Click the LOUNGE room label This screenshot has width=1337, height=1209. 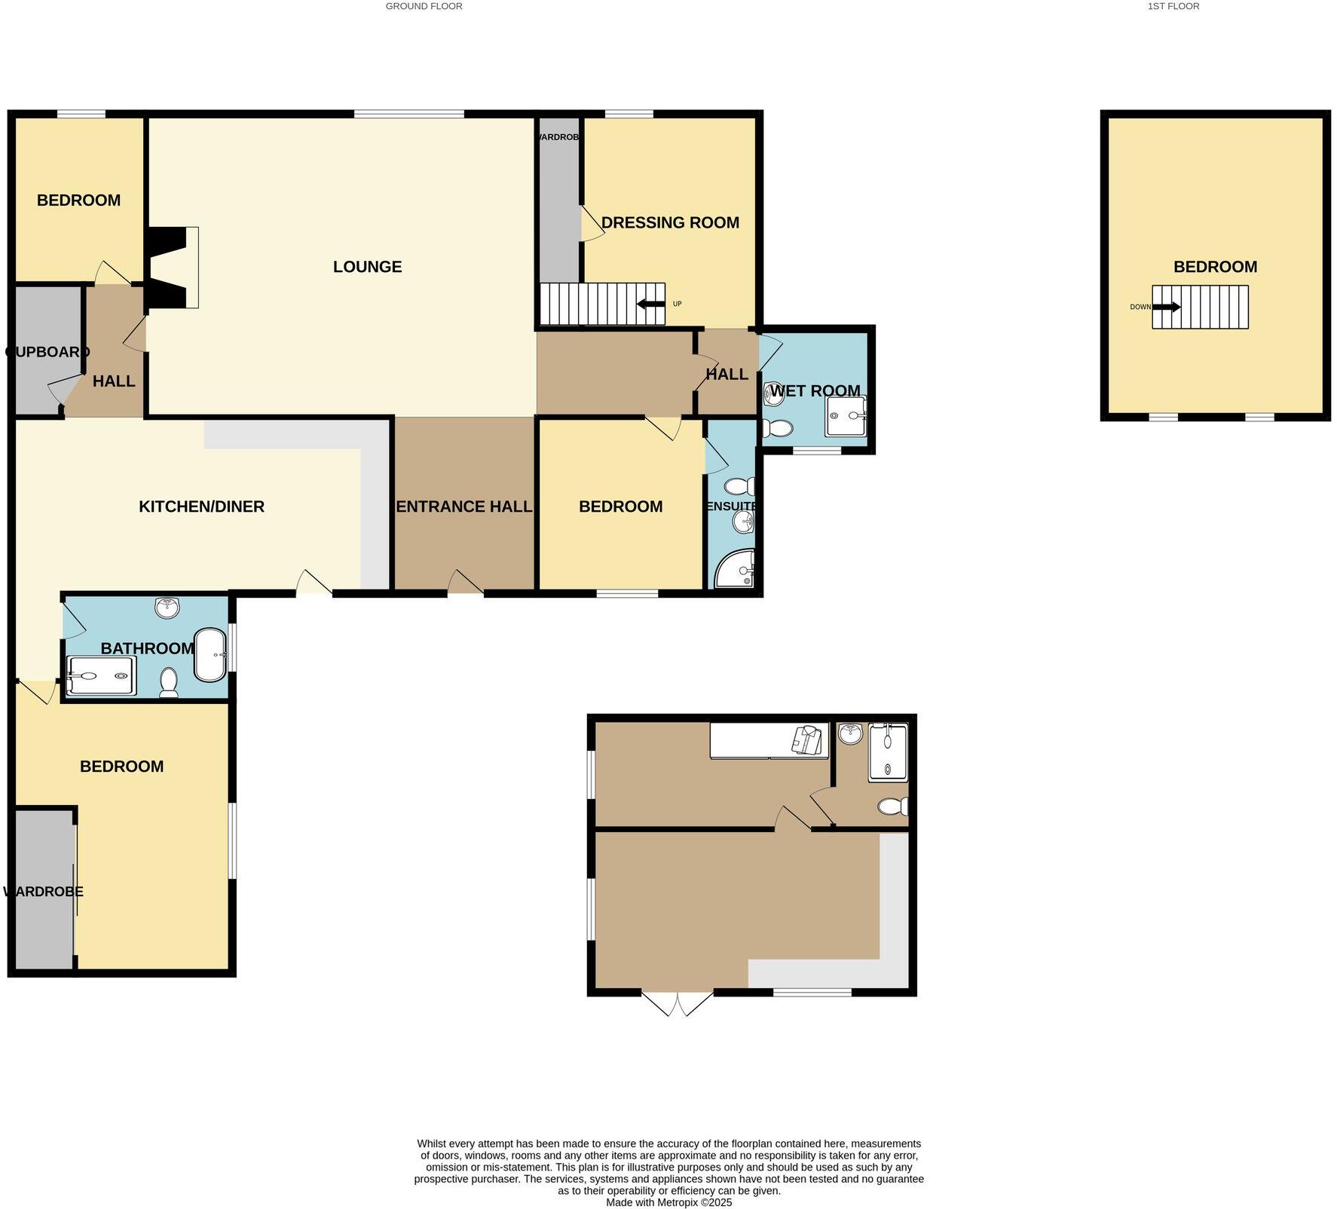(367, 267)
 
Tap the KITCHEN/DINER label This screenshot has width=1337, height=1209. (201, 507)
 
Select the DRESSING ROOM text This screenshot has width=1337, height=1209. (670, 222)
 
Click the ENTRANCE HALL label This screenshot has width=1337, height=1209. (464, 507)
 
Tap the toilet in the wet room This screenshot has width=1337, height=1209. (776, 429)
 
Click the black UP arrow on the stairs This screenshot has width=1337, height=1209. (646, 304)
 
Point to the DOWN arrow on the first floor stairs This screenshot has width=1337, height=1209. (1166, 307)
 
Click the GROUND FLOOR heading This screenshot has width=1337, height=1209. (424, 6)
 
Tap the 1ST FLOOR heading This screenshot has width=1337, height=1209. (1173, 6)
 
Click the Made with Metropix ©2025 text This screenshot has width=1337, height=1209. (668, 1202)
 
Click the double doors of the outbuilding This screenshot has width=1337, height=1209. (677, 1003)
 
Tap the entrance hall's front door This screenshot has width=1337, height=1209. (465, 585)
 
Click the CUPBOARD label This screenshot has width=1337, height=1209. (47, 352)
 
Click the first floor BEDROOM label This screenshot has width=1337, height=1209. (1215, 267)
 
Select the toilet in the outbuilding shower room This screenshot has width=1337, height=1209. (892, 807)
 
